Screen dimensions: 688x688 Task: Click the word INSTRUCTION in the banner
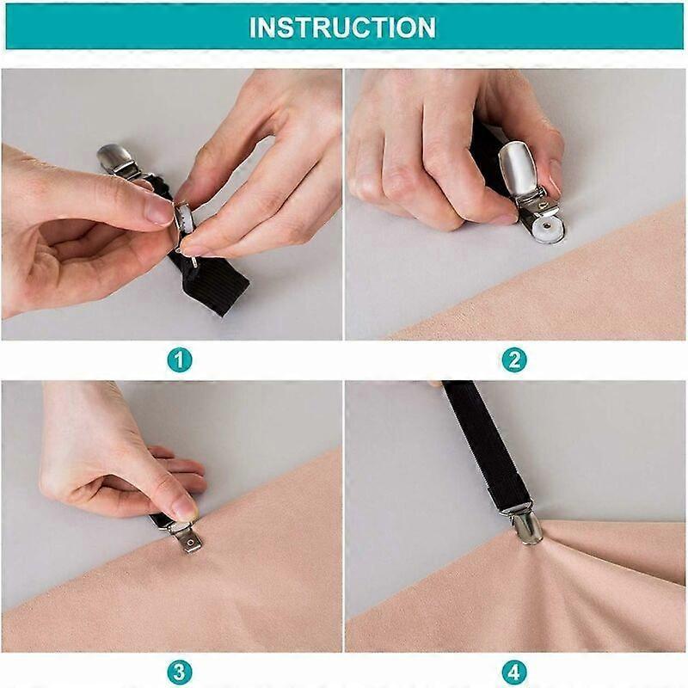(342, 28)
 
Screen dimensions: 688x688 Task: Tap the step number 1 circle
(180, 360)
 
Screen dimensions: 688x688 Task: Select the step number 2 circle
(513, 360)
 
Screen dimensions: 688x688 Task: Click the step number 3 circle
(180, 673)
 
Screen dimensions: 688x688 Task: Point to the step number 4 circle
(513, 673)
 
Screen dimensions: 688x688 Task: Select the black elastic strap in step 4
(487, 444)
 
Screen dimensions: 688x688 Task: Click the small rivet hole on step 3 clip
(190, 543)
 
